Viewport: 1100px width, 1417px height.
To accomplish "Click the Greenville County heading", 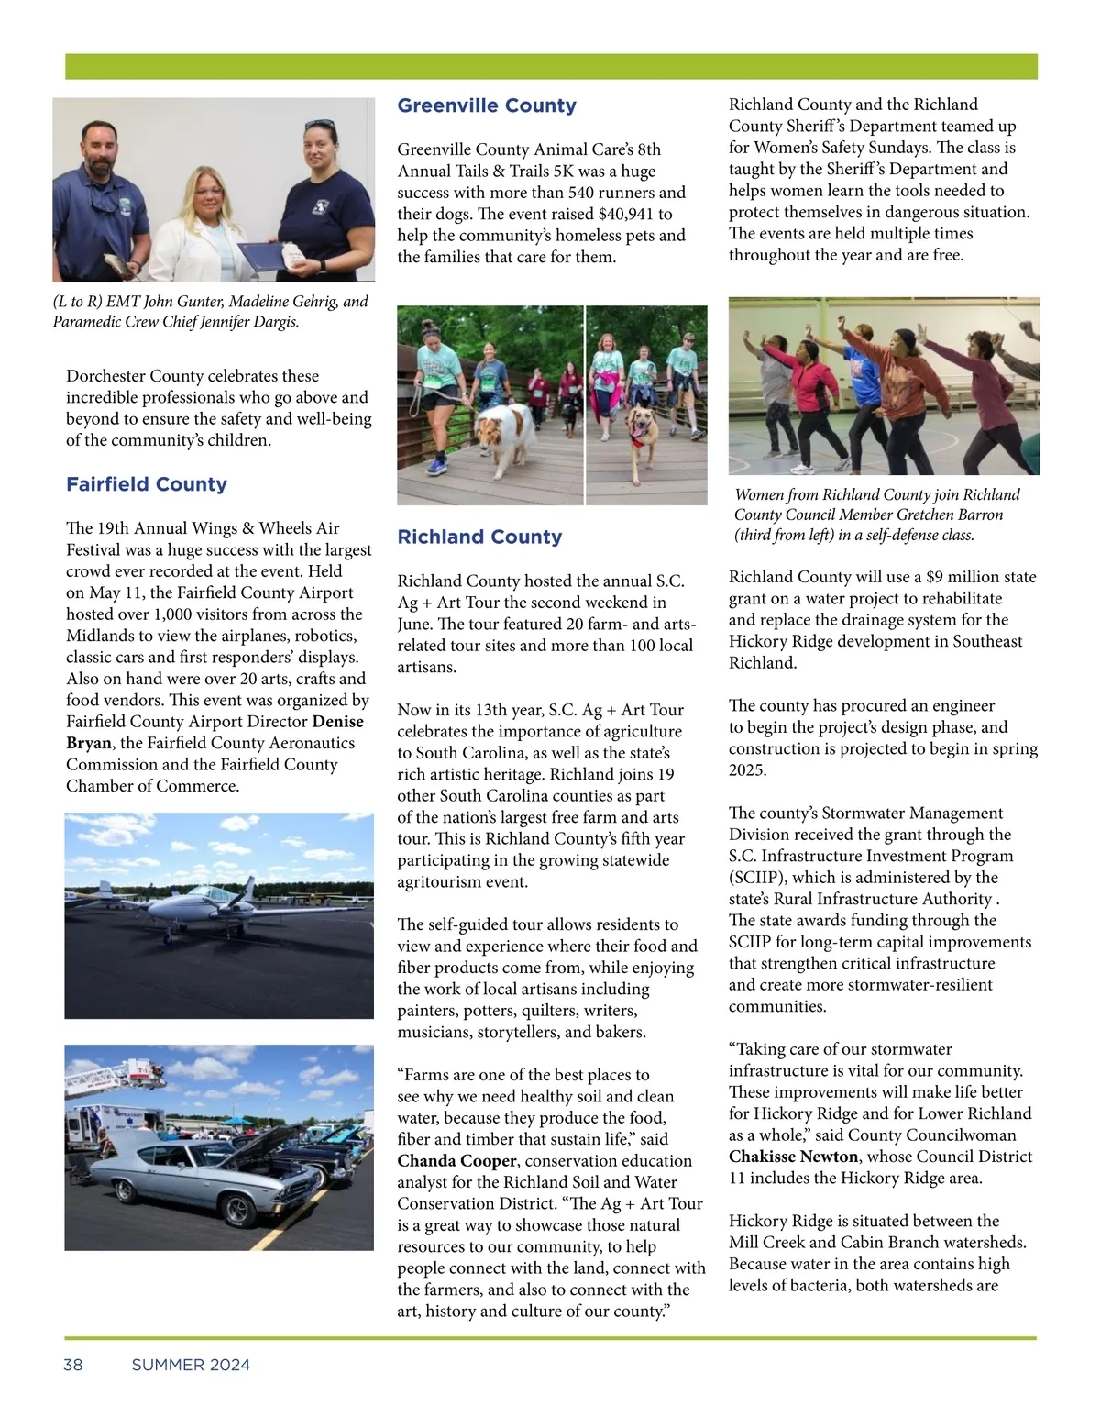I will tap(487, 105).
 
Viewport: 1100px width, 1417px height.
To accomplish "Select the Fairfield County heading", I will tap(147, 484).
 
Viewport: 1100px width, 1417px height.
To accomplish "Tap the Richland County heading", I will tap(479, 537).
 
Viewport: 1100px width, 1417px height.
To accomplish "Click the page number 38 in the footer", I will tap(73, 1365).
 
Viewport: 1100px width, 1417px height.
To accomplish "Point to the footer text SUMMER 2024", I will tap(191, 1365).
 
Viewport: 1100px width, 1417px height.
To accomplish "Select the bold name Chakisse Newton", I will tap(793, 1157).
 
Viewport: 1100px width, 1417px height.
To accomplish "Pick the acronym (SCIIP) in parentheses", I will tap(757, 877).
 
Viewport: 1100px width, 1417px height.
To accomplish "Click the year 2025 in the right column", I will tap(747, 769).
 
